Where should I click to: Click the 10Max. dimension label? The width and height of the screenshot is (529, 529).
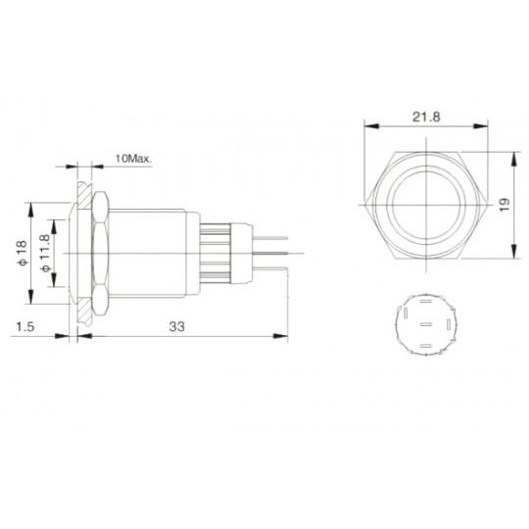pyautogui.click(x=131, y=159)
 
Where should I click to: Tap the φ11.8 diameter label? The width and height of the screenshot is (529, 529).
pyautogui.click(x=44, y=254)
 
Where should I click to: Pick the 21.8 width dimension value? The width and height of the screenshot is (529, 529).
pyautogui.click(x=424, y=117)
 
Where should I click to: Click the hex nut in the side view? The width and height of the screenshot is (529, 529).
pyautogui.click(x=99, y=254)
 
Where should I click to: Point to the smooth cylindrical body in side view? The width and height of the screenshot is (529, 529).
pyautogui.click(x=157, y=254)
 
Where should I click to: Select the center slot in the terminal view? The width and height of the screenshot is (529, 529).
pyautogui.click(x=424, y=323)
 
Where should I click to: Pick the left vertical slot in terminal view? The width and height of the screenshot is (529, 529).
pyautogui.click(x=403, y=320)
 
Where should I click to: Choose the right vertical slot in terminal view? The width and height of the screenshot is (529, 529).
pyautogui.click(x=447, y=320)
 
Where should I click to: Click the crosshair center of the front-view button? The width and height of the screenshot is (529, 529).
pyautogui.click(x=424, y=207)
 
